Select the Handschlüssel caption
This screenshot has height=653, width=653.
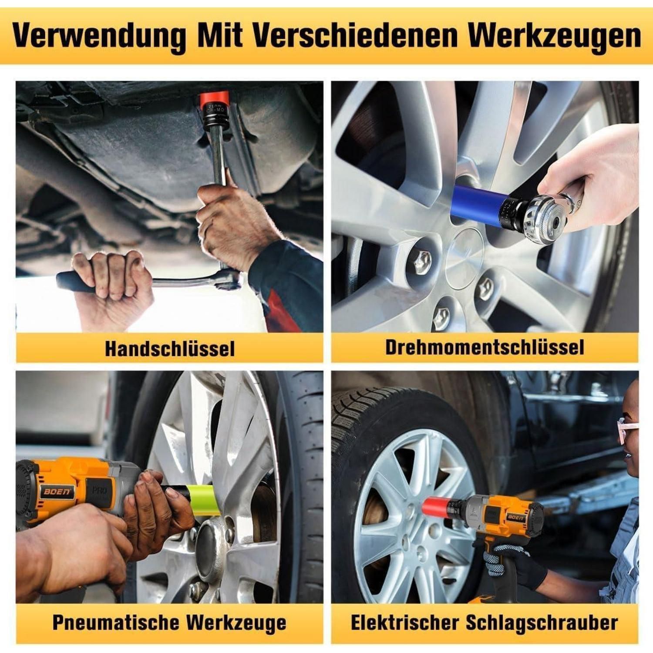click(x=170, y=349)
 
